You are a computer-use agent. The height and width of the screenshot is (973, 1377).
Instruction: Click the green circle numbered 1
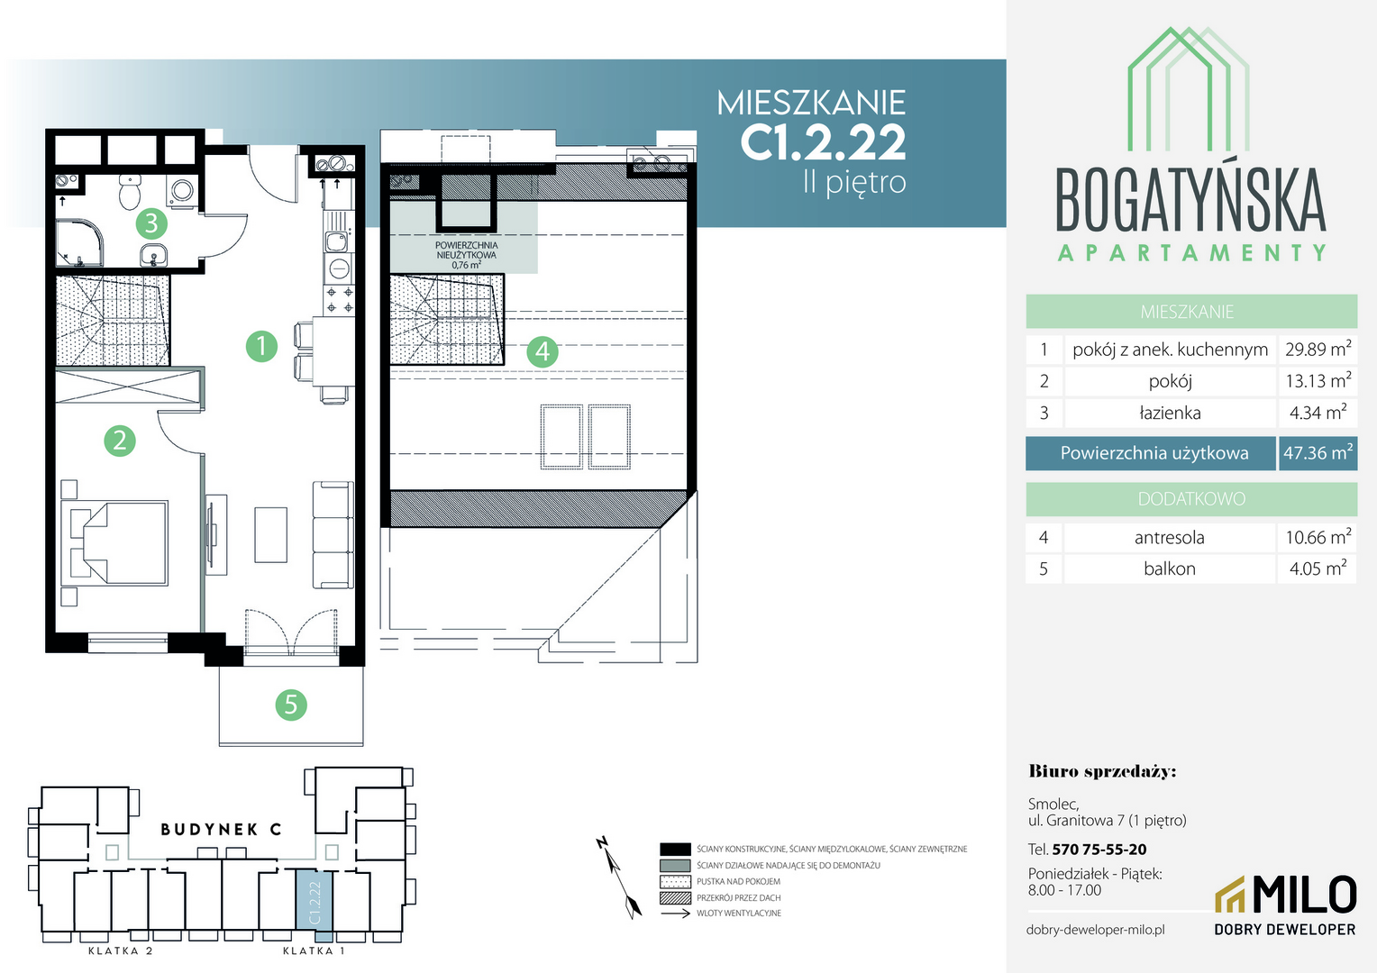(x=261, y=346)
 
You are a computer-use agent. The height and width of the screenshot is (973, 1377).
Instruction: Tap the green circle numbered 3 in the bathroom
(x=151, y=223)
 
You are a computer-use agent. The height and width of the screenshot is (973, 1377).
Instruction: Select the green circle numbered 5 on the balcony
(x=291, y=705)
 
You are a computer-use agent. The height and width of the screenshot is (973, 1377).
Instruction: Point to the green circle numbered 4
(x=543, y=351)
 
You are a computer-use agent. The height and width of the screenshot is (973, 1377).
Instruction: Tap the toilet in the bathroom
(x=129, y=191)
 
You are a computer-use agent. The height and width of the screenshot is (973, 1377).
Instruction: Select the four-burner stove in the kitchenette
(x=340, y=300)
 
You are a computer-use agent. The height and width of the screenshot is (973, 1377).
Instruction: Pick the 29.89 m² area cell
(x=1318, y=350)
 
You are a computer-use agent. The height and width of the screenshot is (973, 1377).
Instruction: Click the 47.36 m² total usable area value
(x=1318, y=453)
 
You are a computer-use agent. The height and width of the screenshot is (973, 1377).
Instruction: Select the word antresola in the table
(x=1169, y=538)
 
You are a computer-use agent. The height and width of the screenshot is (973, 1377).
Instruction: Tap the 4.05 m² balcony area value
(x=1318, y=568)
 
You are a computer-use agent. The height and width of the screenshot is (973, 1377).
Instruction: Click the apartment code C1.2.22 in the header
(x=823, y=142)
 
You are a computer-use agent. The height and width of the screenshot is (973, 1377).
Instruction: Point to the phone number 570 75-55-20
(x=1099, y=850)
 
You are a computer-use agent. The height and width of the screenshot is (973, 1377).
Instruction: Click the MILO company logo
(x=1285, y=905)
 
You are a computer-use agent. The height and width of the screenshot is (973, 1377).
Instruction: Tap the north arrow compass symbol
(x=618, y=878)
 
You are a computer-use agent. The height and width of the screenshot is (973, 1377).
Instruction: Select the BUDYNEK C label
(x=221, y=830)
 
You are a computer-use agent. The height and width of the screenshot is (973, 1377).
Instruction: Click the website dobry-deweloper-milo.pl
(x=1096, y=930)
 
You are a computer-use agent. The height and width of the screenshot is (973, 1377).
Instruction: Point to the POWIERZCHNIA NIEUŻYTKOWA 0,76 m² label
(x=466, y=255)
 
